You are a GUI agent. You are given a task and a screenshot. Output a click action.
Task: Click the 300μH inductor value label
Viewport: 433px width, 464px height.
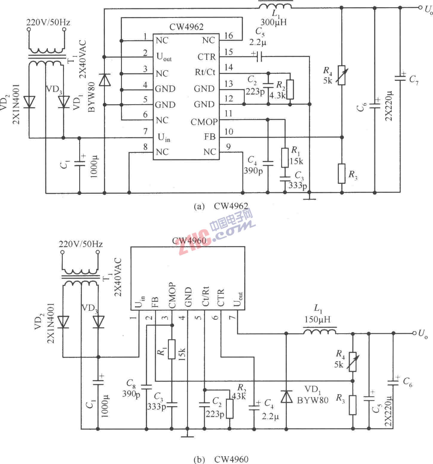(273, 22)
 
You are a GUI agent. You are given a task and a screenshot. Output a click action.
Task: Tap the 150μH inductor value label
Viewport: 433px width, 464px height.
(318, 319)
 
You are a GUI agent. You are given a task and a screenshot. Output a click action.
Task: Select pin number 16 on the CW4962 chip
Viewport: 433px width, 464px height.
(229, 36)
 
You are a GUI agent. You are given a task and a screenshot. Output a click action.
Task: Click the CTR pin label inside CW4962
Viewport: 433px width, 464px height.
(206, 57)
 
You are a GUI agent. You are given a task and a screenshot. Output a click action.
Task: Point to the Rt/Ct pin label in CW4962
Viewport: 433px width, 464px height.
(205, 72)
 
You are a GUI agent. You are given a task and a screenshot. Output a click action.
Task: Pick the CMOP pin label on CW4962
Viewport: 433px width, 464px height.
(204, 122)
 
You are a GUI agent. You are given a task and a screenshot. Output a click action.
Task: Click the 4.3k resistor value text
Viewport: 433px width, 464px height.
(278, 96)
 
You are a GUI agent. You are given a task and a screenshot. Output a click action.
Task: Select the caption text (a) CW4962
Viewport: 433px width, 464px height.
(221, 206)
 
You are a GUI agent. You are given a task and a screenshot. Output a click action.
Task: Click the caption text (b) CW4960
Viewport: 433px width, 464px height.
(221, 459)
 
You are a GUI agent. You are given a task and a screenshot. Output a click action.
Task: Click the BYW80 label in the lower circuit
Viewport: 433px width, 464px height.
(313, 400)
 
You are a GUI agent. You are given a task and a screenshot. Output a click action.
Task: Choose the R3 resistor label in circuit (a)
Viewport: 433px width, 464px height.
(353, 175)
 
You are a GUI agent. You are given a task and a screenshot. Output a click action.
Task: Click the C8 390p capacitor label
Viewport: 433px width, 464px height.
(131, 388)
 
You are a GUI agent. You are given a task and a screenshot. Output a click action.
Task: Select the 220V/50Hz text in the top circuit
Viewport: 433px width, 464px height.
(48, 22)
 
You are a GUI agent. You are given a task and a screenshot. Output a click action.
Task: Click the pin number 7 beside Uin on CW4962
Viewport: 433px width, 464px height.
(146, 131)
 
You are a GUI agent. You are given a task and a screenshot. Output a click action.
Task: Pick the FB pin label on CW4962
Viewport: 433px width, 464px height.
(210, 137)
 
